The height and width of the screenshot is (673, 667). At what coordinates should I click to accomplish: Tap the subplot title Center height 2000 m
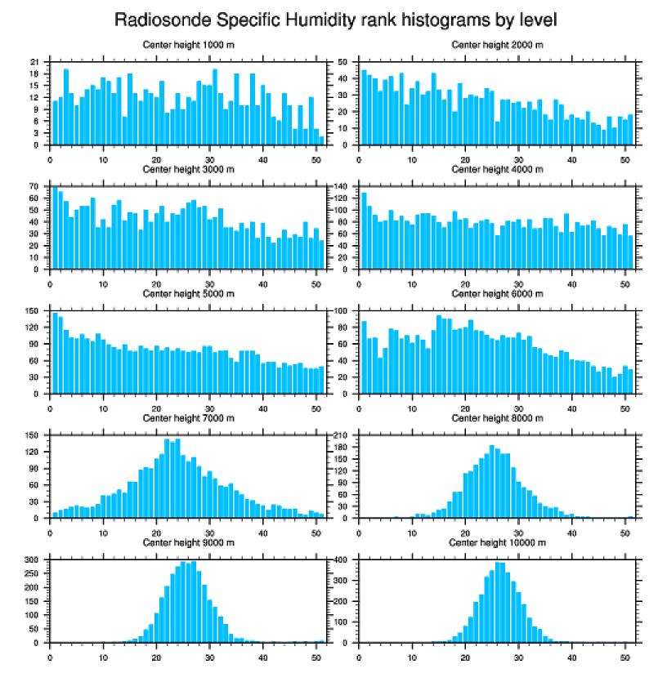(497, 44)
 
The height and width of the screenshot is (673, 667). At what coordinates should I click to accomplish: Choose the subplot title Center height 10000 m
(497, 543)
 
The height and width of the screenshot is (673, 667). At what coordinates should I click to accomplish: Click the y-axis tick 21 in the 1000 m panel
(34, 62)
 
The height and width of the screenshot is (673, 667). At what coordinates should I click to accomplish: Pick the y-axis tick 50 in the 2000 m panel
(343, 62)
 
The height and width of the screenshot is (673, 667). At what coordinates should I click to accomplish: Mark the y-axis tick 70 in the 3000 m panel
(34, 187)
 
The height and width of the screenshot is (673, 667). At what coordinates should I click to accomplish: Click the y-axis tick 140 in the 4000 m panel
(342, 187)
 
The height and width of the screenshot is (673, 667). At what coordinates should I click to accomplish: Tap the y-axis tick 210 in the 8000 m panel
(342, 436)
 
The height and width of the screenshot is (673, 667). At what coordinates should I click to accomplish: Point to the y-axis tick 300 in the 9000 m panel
(33, 560)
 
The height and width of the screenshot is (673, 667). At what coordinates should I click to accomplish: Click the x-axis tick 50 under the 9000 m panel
(316, 655)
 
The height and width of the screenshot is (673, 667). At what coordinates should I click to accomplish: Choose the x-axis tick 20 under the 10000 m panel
(465, 655)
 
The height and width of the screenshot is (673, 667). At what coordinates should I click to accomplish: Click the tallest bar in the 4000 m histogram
(364, 230)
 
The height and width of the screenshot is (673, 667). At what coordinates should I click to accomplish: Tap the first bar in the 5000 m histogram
(55, 353)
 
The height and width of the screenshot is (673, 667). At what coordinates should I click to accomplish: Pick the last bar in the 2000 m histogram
(630, 129)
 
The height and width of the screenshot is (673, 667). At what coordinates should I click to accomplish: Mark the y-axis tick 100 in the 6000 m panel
(342, 311)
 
